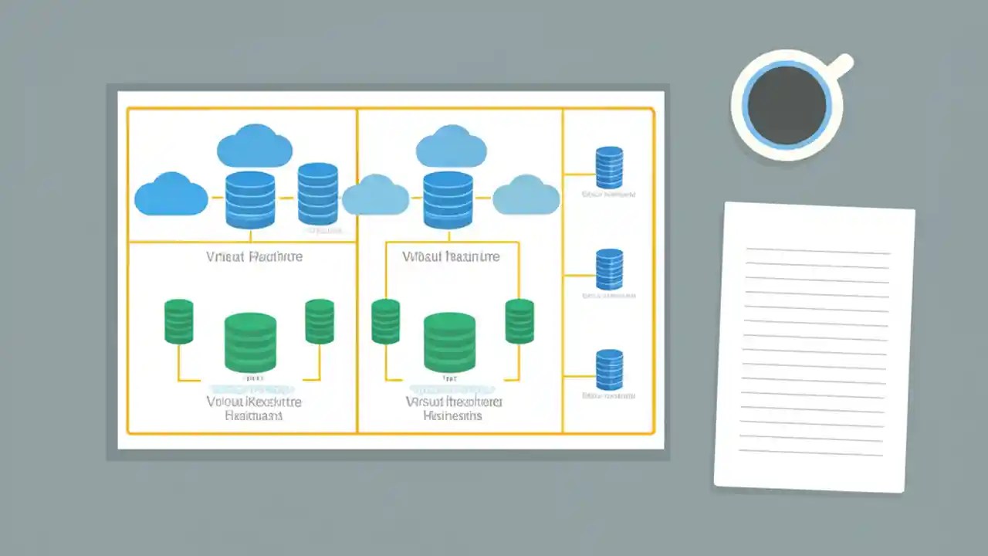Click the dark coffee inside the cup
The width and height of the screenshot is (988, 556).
(787, 106)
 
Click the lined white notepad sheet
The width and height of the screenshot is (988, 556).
(814, 347)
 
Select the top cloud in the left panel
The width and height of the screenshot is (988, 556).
(255, 147)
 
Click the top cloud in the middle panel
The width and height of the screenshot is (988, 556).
(452, 147)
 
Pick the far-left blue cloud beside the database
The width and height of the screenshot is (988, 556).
(171, 194)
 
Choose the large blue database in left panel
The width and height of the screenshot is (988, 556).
(250, 200)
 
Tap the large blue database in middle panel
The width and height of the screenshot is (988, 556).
(448, 200)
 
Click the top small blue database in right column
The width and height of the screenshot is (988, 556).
(609, 168)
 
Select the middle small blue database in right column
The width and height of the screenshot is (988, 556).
(609, 269)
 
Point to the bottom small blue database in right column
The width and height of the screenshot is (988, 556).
(609, 370)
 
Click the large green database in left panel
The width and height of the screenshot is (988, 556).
(250, 342)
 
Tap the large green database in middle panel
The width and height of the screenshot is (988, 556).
(449, 342)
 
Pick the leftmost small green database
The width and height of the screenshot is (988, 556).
(178, 321)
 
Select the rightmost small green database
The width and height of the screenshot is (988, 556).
(519, 321)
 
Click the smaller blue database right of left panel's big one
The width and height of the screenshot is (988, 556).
(317, 193)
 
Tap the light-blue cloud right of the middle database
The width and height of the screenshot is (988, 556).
(526, 195)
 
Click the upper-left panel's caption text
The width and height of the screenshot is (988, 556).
(255, 256)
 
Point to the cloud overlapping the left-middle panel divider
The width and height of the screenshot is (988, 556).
(375, 195)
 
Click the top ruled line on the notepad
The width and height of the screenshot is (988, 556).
(818, 251)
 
